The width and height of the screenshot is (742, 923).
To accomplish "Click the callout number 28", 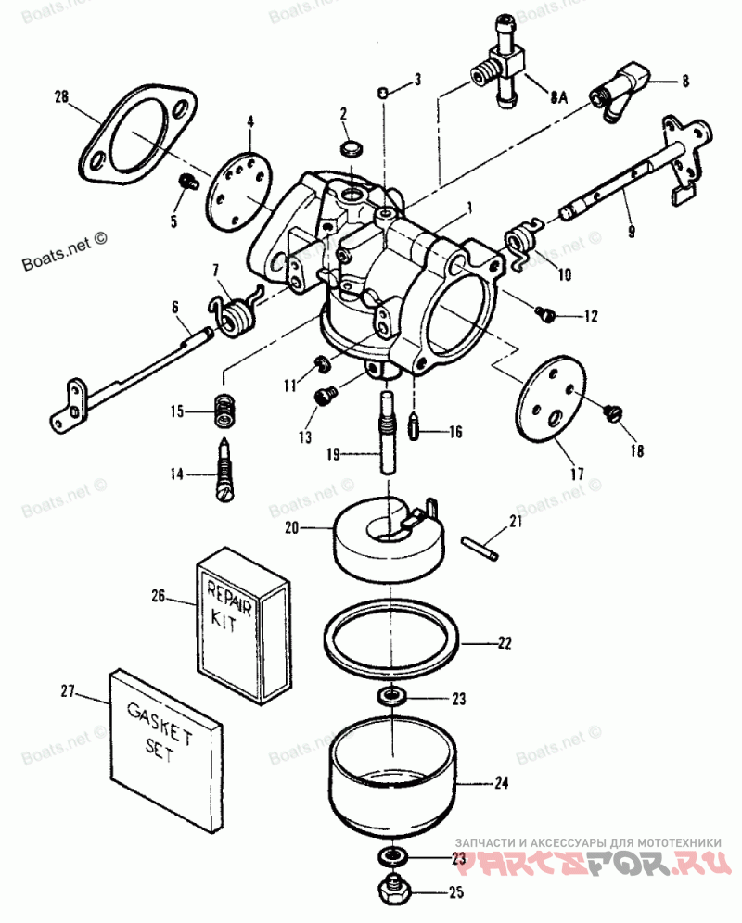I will (x=61, y=95).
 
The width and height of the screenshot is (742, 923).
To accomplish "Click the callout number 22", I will (x=504, y=641).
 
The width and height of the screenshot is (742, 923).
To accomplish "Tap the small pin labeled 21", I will (x=482, y=548).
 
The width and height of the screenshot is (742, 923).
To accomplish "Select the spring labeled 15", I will (x=222, y=411).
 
